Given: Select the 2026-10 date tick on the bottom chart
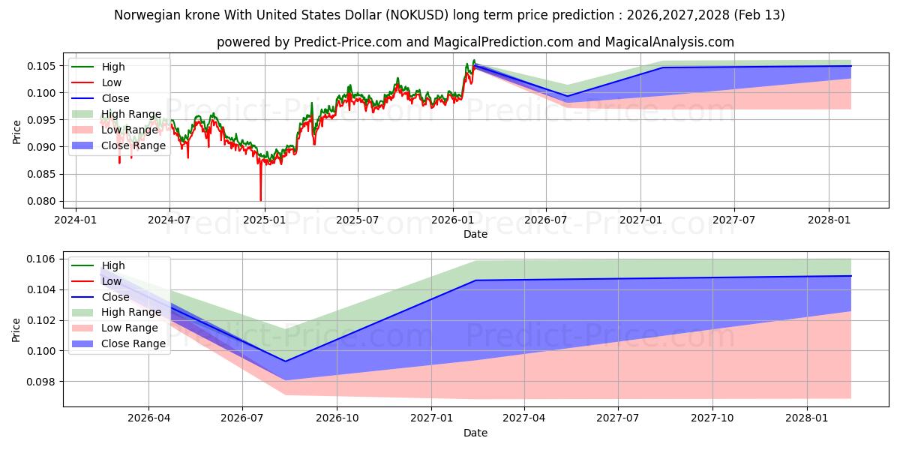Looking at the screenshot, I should [337, 418].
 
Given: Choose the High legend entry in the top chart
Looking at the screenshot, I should [113, 67].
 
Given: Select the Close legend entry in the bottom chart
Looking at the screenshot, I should [115, 297].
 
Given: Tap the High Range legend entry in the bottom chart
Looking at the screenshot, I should [131, 312].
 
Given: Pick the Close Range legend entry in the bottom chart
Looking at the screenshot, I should [133, 343].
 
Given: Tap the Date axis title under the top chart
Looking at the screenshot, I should [475, 234].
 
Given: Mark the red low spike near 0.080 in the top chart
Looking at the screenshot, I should [261, 199].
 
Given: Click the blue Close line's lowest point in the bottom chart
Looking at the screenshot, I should [284, 361].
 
